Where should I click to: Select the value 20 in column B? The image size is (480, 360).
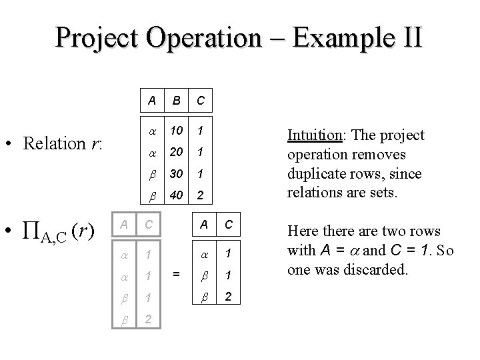coord(177,153)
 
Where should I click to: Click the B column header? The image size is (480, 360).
coord(177,102)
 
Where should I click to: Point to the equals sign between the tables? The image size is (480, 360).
coord(176,273)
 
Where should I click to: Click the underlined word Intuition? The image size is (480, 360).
coord(314,135)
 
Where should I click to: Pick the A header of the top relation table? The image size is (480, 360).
coord(153,102)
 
